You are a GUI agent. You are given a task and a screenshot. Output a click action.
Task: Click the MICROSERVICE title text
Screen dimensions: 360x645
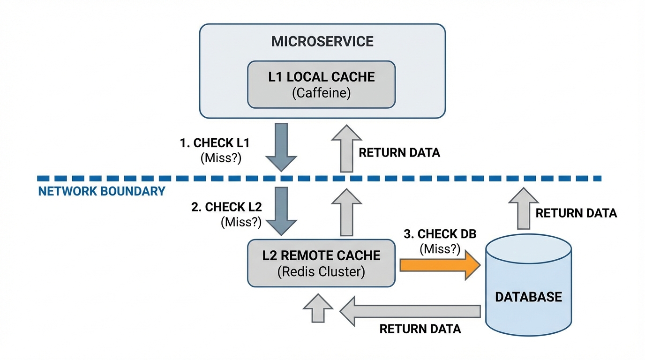point(322,41)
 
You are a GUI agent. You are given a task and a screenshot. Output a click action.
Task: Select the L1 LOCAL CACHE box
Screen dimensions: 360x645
point(322,84)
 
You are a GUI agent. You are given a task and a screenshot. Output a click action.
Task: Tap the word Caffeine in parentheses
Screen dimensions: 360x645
point(322,93)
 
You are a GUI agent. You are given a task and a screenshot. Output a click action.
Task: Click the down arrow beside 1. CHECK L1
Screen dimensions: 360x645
point(281,147)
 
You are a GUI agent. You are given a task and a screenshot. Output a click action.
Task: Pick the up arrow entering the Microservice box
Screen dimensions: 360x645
point(346,148)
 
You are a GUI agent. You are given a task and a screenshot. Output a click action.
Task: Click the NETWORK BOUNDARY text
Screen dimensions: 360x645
point(102,191)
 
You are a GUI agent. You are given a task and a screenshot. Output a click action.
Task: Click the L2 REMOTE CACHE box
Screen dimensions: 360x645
point(322,263)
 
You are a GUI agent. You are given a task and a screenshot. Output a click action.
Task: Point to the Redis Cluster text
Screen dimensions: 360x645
point(322,272)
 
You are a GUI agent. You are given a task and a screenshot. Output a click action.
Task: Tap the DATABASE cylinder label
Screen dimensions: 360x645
point(528,297)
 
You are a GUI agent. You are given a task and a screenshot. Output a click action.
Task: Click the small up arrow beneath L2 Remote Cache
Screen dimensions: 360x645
point(318,308)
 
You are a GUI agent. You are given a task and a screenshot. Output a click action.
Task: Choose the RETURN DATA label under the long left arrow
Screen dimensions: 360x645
point(420,329)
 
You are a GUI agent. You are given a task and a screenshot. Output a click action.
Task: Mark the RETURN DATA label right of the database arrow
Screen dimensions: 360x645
point(576,213)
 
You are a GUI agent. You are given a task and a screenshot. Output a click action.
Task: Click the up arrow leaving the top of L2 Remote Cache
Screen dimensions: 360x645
point(346,212)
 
